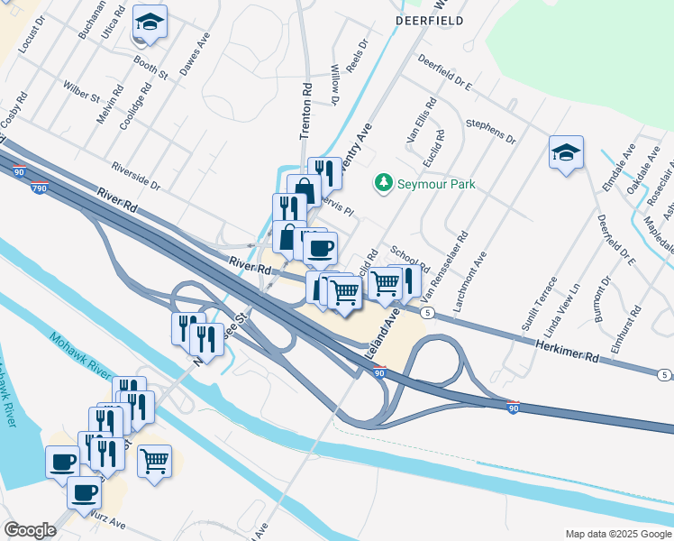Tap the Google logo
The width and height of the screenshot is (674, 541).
click(x=30, y=530)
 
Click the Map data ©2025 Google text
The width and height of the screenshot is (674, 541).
click(x=617, y=534)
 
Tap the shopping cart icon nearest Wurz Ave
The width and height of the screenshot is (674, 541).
click(x=154, y=462)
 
